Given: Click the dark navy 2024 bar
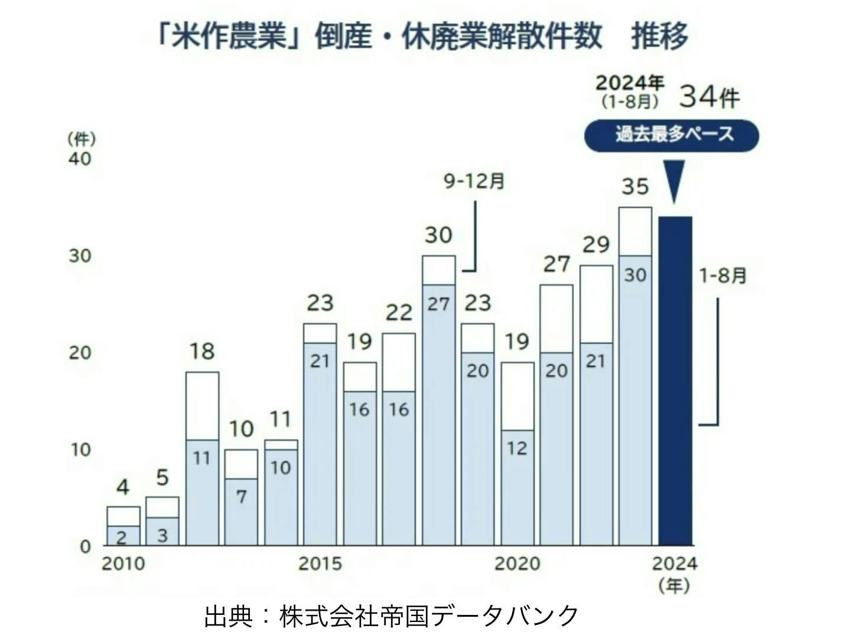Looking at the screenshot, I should [675, 381].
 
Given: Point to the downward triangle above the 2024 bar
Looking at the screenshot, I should [674, 180].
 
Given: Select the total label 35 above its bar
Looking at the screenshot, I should [635, 187].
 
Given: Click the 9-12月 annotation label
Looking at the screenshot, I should [474, 181].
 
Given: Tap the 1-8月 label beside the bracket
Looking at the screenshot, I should [723, 275].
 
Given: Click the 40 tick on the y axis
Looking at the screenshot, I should [80, 159].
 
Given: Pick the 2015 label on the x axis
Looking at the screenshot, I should [320, 563].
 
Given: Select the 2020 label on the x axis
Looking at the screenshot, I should [517, 563].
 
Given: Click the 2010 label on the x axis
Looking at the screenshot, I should [123, 563].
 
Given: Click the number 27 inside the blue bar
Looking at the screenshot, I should [438, 304].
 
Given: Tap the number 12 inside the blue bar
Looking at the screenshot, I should [517, 448].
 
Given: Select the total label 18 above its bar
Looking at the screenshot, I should [201, 351].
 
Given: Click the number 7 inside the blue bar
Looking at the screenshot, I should [241, 497].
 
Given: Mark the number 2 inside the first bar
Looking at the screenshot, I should [122, 537].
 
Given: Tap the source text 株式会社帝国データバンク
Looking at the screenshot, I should [429, 615].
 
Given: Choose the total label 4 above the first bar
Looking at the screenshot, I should [122, 488].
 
